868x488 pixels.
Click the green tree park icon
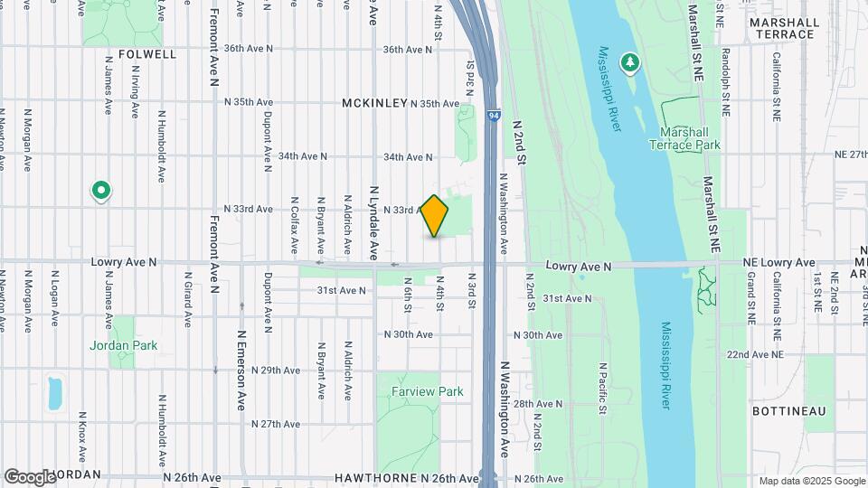(629, 62)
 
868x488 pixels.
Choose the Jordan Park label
(123, 345)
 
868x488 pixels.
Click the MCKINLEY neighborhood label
(374, 104)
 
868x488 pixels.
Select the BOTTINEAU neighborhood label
(789, 411)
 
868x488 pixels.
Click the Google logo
(31, 476)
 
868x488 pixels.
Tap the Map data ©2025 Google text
(811, 481)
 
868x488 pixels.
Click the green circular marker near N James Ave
(101, 191)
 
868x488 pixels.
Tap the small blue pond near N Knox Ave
(54, 392)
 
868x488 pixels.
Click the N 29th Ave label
(276, 371)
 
